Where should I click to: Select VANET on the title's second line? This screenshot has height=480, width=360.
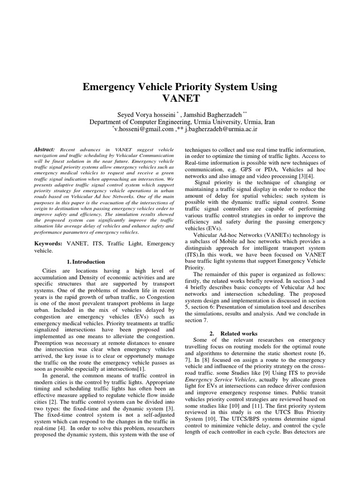[180, 99]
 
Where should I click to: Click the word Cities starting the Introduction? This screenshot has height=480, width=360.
[51, 271]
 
